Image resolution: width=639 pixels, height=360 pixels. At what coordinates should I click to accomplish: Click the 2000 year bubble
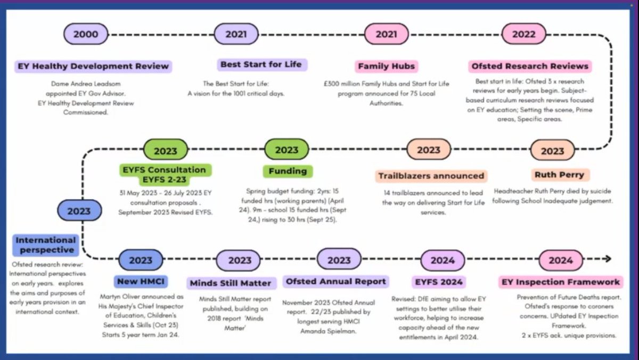coord(86,34)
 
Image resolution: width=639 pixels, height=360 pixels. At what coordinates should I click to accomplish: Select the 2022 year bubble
coord(524,34)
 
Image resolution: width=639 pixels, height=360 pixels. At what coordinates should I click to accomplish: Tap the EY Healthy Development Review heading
coord(93,66)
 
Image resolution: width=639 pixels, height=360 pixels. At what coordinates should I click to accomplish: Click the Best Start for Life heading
coord(261,64)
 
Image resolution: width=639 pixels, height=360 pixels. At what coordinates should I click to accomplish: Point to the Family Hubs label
coord(387,66)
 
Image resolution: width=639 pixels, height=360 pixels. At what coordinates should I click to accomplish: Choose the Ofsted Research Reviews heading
coord(530,66)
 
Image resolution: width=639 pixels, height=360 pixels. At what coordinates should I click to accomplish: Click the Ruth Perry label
coord(560,175)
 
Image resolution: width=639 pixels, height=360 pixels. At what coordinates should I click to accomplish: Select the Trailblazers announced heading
coord(431,176)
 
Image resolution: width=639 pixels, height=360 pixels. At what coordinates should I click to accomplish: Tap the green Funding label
coord(288,171)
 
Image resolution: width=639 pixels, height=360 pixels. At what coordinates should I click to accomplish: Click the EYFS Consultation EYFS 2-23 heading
coord(165,175)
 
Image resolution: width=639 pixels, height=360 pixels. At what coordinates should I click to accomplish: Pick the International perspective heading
coord(46,245)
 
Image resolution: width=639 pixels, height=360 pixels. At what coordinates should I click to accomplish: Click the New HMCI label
coord(141,282)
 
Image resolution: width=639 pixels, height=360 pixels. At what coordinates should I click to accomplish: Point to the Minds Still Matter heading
coord(231,283)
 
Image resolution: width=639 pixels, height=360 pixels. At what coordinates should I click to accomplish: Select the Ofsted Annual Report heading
coord(336,282)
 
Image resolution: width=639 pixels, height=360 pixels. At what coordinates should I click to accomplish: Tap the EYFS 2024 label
coord(439,282)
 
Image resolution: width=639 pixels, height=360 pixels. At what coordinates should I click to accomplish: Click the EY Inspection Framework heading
coord(561,282)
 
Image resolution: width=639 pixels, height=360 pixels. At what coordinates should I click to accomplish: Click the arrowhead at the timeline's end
coord(608,259)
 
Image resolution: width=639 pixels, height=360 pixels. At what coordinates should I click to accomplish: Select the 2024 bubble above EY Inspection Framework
coord(561,260)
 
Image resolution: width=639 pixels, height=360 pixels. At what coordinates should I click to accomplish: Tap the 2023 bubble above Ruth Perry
coord(553,150)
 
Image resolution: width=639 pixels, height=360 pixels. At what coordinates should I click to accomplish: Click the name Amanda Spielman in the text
coord(328,331)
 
